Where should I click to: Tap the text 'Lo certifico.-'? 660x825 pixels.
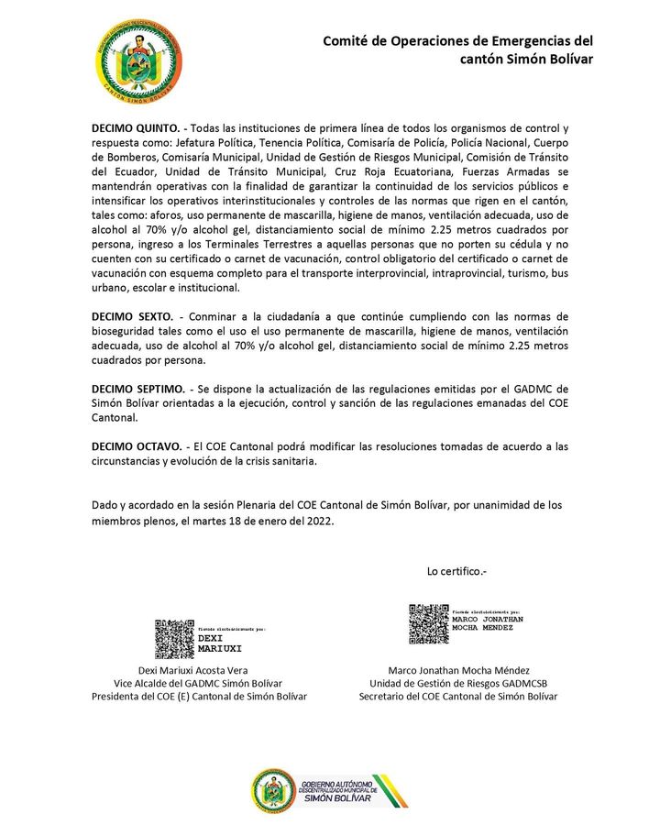coord(456,571)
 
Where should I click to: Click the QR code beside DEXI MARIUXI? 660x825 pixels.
coord(174,640)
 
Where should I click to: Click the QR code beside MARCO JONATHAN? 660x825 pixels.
coord(428,623)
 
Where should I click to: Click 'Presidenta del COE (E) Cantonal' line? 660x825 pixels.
coord(199,697)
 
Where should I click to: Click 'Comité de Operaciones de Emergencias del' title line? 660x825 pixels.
coord(457,41)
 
